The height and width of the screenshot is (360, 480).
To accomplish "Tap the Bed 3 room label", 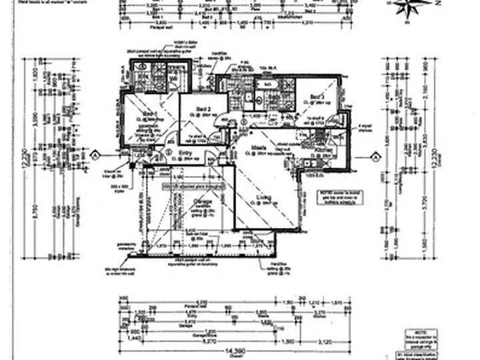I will [316, 96].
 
